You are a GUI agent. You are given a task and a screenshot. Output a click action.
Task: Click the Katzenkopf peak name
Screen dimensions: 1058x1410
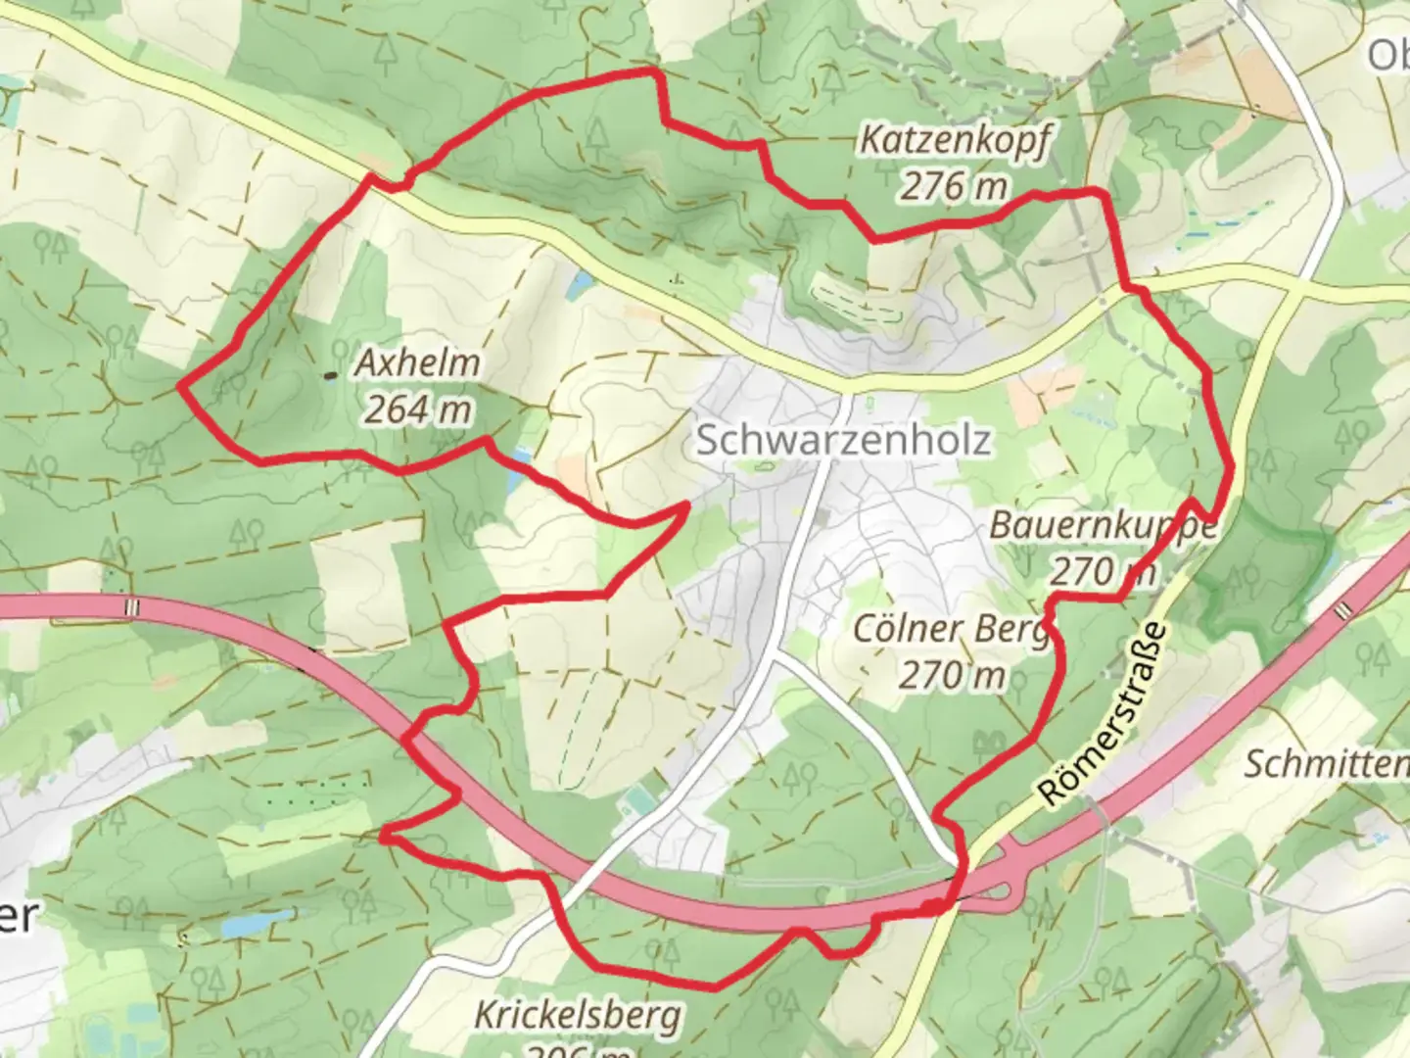coord(955,141)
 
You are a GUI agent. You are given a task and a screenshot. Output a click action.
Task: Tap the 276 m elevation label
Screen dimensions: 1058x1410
coord(953,185)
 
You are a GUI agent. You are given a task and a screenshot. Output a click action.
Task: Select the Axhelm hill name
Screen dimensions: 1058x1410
coord(418,363)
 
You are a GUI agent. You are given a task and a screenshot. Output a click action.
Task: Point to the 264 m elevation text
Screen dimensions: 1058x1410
coord(418,409)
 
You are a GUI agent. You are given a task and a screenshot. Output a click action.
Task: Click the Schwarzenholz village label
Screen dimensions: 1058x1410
coord(843,441)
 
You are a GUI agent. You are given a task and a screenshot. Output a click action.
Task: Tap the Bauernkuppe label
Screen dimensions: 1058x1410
coord(1103,526)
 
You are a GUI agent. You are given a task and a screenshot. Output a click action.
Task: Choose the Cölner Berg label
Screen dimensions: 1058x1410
coord(951,630)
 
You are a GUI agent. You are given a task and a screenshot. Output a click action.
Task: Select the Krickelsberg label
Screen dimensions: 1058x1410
coord(577,1016)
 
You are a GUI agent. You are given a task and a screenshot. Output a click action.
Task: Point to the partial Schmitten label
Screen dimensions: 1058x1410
coord(1326,764)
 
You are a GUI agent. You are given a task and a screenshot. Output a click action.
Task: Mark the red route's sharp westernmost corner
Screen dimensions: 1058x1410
coord(181,387)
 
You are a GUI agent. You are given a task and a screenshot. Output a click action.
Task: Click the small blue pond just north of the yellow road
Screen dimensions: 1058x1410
coord(582,284)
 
